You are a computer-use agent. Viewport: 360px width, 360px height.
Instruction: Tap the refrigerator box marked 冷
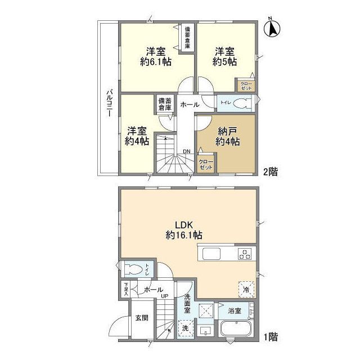(245, 288)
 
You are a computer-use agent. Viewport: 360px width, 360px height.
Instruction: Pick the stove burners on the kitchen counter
(245, 254)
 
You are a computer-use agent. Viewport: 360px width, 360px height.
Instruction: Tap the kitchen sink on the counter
(213, 254)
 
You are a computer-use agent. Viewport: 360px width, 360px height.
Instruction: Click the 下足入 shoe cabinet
(125, 289)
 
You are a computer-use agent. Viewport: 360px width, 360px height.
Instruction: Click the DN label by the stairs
(186, 151)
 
